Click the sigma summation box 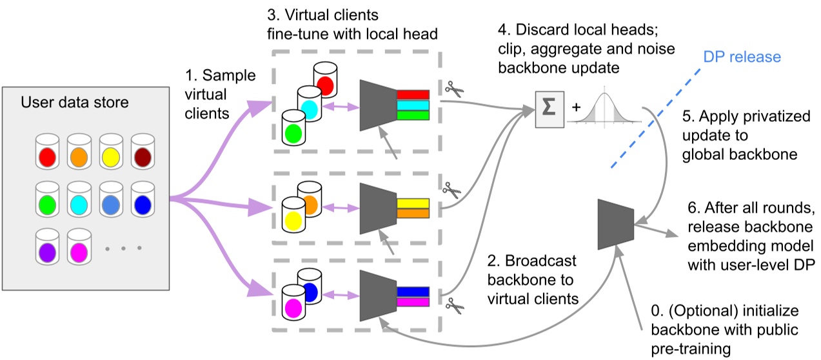click(549, 108)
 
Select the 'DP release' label click(742, 57)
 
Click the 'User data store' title click(74, 103)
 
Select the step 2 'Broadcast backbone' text click(533, 281)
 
